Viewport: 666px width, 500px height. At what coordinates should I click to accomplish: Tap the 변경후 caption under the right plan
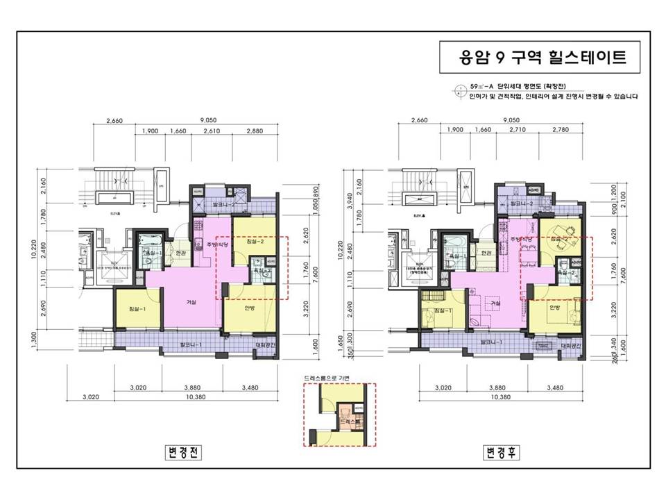[x=502, y=453]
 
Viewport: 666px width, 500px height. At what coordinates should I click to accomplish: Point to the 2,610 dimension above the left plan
[x=211, y=131]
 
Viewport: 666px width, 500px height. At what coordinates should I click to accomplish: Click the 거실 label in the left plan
[x=191, y=301]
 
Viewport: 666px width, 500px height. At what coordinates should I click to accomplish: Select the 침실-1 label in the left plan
[x=137, y=308]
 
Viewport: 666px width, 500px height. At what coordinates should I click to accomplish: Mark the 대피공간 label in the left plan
[x=266, y=344]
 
